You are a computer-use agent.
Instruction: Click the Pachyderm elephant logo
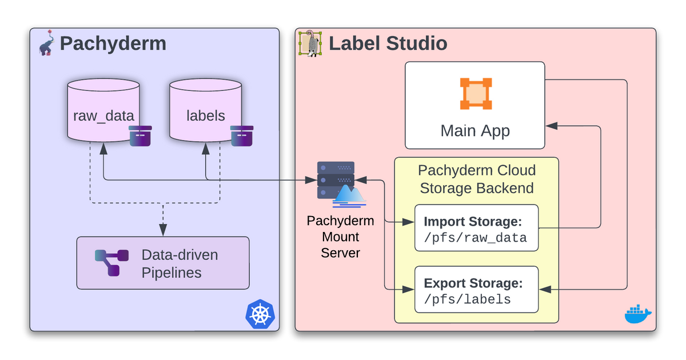(46, 43)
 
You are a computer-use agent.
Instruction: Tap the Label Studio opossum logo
(310, 43)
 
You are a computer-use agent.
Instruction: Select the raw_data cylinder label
(103, 116)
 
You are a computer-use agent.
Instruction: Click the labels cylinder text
(205, 115)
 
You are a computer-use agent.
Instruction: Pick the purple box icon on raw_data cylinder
(140, 136)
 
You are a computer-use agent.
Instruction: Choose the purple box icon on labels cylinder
(242, 136)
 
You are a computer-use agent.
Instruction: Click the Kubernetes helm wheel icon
(260, 314)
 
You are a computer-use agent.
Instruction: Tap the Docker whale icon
(638, 314)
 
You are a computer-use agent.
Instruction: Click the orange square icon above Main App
(476, 94)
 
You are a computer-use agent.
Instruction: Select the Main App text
(475, 131)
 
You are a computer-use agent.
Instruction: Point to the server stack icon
(341, 184)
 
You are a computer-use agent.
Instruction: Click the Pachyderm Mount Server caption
(340, 237)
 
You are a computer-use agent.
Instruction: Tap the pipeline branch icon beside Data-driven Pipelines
(111, 263)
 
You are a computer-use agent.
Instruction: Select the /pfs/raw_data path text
(475, 238)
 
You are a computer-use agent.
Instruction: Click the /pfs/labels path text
(468, 299)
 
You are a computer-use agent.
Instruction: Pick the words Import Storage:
(473, 222)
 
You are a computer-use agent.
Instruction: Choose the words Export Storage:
(473, 283)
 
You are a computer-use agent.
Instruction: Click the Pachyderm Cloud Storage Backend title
(477, 179)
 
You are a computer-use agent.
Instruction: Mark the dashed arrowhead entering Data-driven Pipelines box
(163, 230)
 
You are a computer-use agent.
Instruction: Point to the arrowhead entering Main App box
(551, 126)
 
